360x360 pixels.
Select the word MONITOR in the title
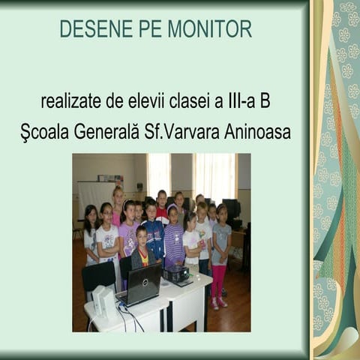pos(210,29)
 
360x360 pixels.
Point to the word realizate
pos(72,100)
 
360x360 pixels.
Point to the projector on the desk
pos(177,274)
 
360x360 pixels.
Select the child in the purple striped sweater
pos(174,240)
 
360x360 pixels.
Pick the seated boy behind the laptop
pos(142,251)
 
